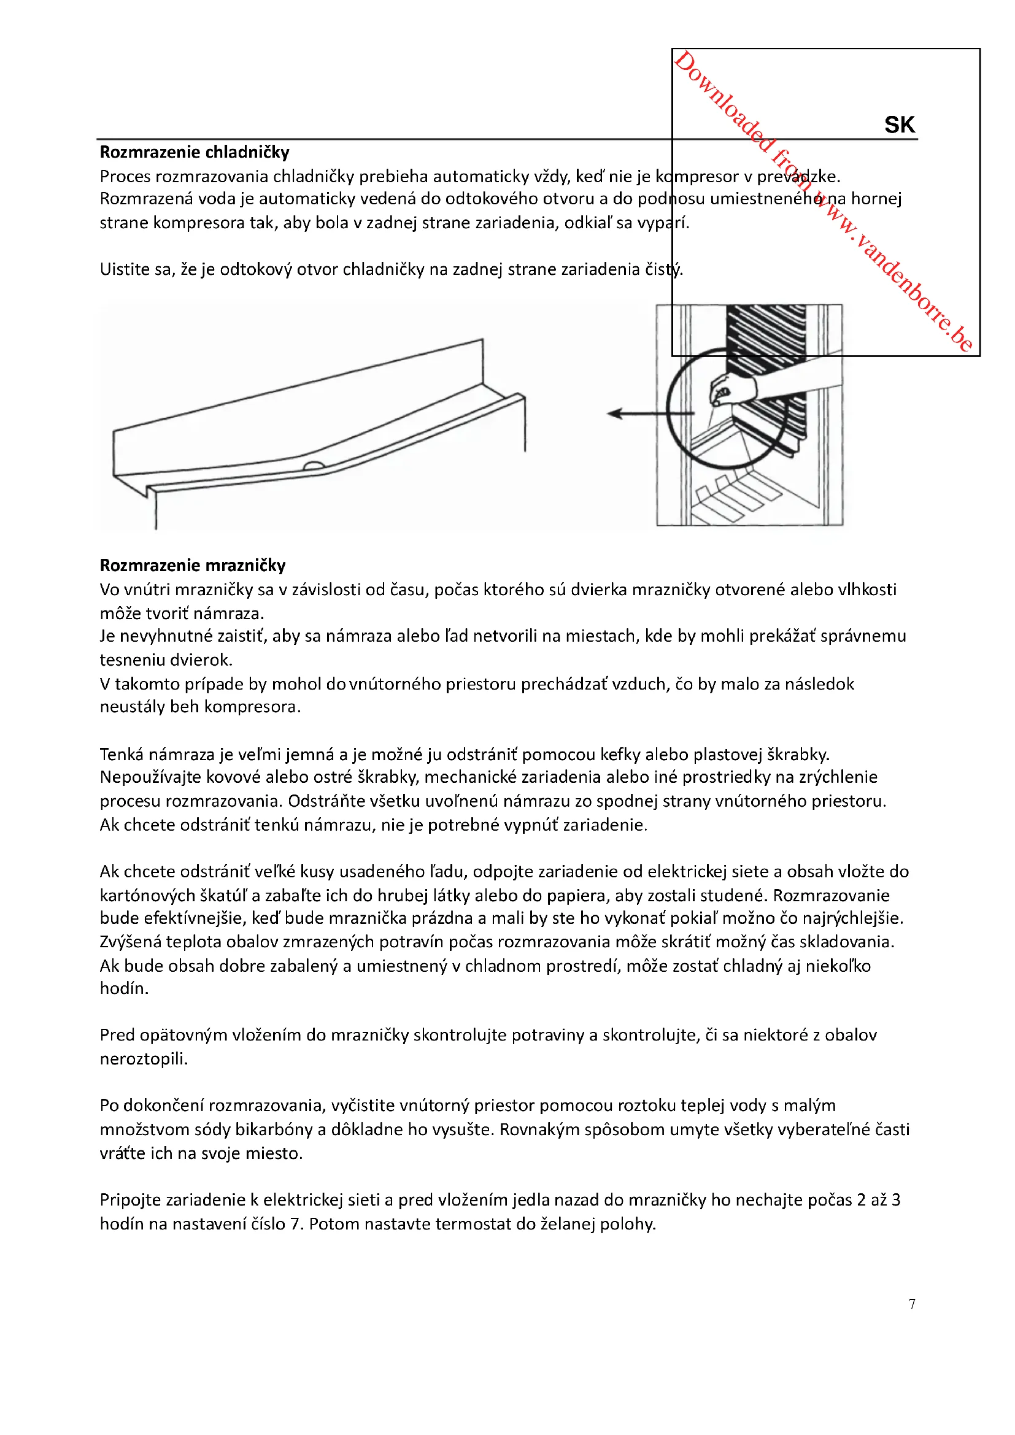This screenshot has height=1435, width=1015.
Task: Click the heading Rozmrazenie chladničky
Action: pyautogui.click(x=195, y=152)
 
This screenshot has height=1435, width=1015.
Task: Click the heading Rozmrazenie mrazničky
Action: pyautogui.click(x=193, y=565)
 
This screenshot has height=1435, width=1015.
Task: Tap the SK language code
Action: pyautogui.click(x=900, y=125)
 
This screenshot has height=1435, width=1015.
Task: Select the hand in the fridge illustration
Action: pyautogui.click(x=733, y=391)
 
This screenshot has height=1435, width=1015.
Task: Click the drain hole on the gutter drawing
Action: pyautogui.click(x=312, y=466)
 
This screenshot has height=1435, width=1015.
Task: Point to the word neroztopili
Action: pyautogui.click(x=143, y=1059)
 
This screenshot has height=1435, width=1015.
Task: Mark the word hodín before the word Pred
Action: pyautogui.click(x=124, y=988)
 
